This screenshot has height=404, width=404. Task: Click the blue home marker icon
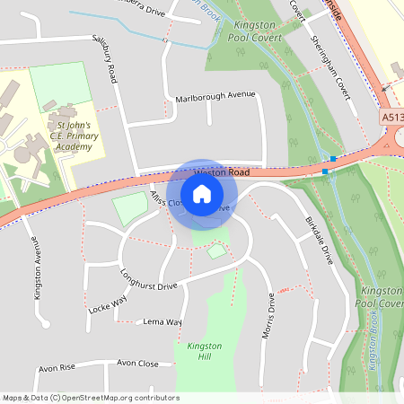(x=202, y=194)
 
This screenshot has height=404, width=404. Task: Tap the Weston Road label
(x=220, y=171)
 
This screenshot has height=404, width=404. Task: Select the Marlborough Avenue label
(x=215, y=96)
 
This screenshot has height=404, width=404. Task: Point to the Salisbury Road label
(x=105, y=59)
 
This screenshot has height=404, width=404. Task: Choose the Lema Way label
(x=162, y=321)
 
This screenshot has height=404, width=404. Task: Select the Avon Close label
(x=137, y=364)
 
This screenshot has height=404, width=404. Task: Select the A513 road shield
(x=391, y=117)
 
